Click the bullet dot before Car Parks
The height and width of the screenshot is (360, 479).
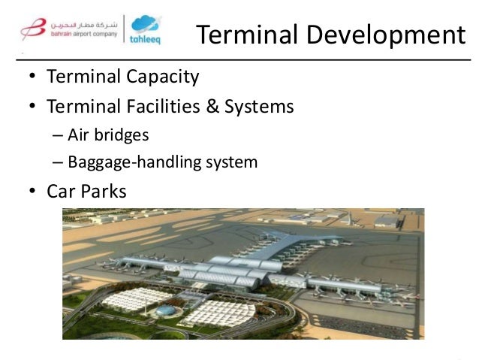(x=33, y=192)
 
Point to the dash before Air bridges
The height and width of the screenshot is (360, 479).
(x=59, y=136)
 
